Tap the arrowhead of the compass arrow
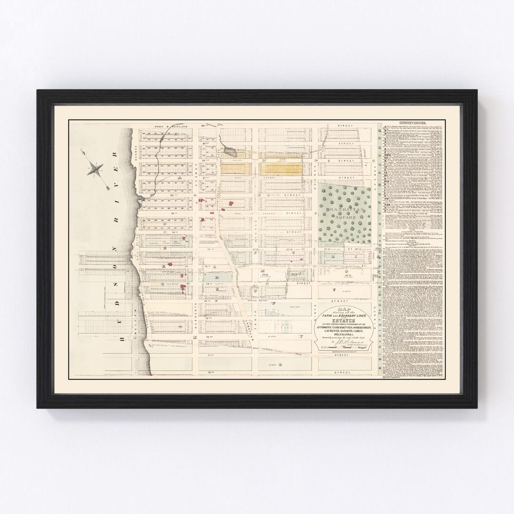109,188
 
